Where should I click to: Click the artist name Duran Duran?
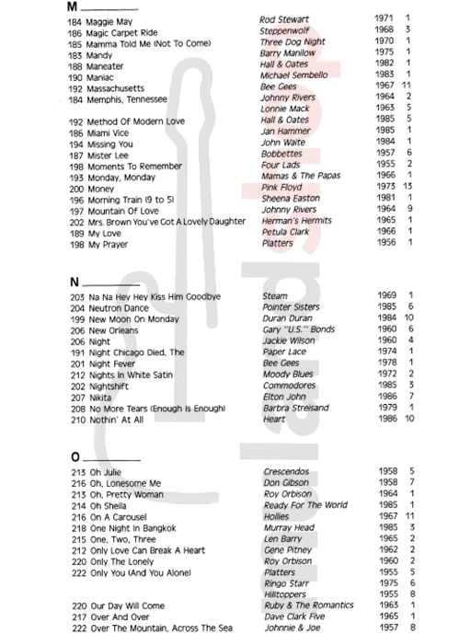point(289,317)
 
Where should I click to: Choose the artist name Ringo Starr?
point(286,582)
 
